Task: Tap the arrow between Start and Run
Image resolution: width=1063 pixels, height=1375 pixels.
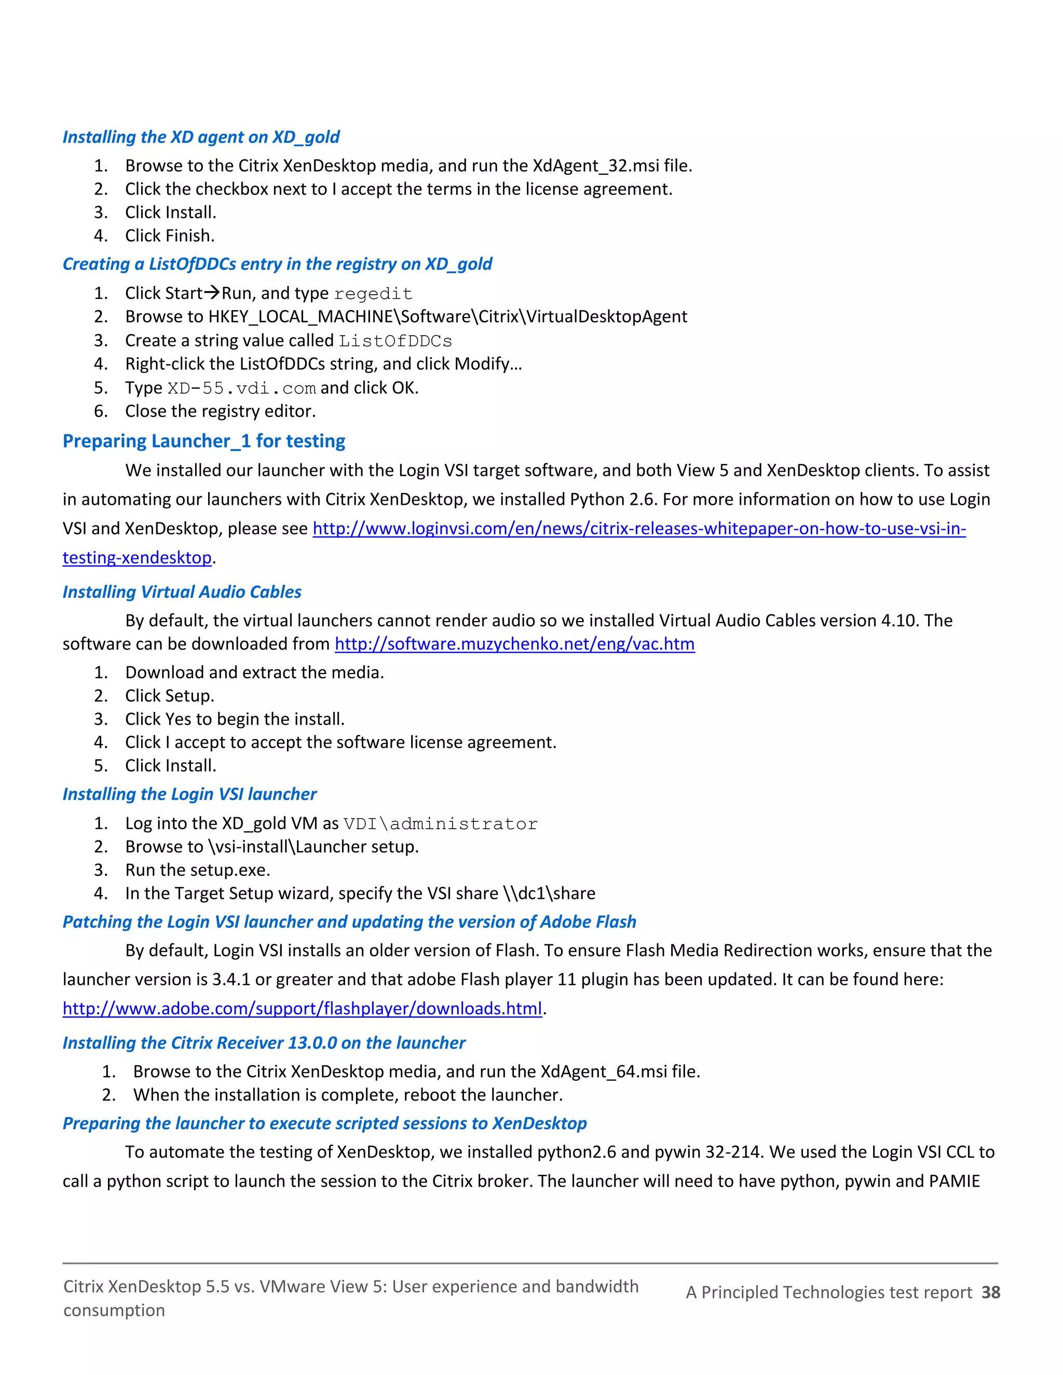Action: (212, 293)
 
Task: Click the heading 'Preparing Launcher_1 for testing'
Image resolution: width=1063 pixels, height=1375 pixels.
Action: (203, 441)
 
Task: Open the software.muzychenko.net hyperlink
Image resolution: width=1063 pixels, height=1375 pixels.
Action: (514, 643)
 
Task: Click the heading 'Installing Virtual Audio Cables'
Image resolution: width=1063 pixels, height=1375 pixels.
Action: (182, 592)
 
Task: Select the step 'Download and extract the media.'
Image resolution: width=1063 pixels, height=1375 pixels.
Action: (254, 672)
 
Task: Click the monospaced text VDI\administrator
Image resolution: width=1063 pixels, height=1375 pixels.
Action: (440, 823)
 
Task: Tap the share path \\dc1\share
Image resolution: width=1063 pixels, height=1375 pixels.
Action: (549, 893)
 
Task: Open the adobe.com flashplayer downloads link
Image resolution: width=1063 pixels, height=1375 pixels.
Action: (302, 1008)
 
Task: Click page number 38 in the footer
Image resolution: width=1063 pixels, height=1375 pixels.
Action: (990, 1292)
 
